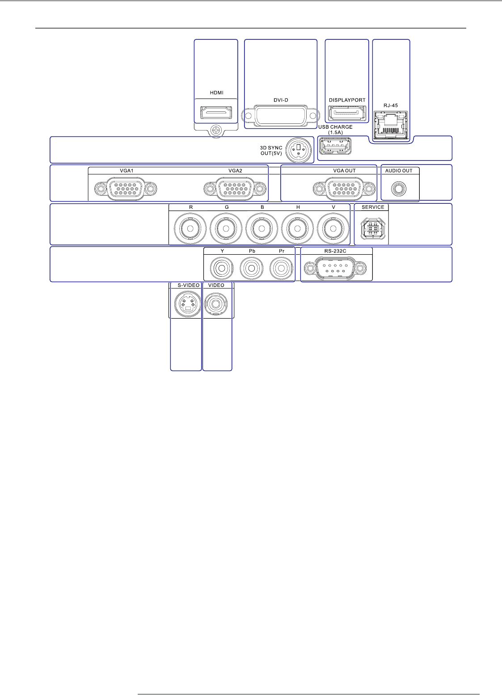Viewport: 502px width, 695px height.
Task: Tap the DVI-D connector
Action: click(281, 115)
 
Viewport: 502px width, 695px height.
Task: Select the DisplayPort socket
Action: click(347, 113)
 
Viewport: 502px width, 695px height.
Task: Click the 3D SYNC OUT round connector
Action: click(297, 150)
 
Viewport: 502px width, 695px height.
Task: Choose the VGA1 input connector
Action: click(126, 190)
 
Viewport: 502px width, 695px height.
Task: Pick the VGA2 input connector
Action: click(235, 190)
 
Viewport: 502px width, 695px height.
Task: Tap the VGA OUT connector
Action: click(344, 190)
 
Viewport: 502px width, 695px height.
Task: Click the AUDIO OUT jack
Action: click(398, 189)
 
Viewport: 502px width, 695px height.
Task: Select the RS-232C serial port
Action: click(335, 269)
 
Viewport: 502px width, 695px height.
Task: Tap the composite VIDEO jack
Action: click(217, 304)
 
